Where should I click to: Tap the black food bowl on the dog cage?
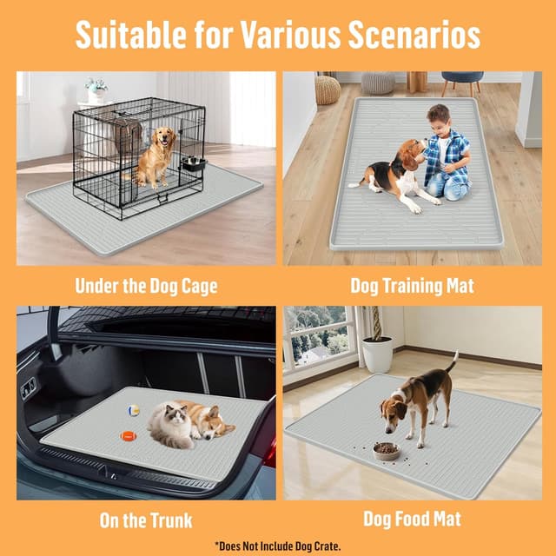click(x=194, y=163)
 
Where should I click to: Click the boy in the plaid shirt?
click(x=446, y=154)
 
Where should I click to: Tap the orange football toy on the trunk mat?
click(x=129, y=436)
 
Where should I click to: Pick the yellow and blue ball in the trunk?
click(x=134, y=410)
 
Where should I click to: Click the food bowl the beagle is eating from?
click(x=386, y=451)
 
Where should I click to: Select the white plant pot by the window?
click(x=377, y=354)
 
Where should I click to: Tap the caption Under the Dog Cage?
click(x=146, y=285)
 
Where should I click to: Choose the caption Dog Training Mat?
click(x=413, y=285)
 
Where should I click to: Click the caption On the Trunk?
click(x=145, y=520)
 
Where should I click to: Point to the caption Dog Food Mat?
click(x=412, y=520)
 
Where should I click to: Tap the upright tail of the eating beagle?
click(x=452, y=361)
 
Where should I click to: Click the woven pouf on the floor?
click(x=328, y=89)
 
